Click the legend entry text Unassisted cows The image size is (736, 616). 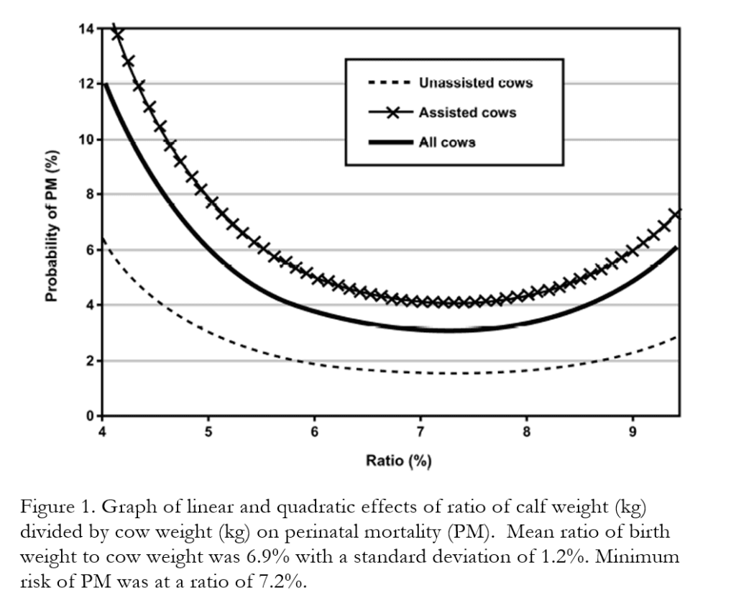tap(476, 83)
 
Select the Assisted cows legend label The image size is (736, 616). tap(467, 113)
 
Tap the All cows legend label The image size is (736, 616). tap(447, 142)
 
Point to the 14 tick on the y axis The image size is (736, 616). tap(87, 29)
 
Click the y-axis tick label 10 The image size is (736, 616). tap(87, 139)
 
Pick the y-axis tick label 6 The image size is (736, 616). tap(91, 250)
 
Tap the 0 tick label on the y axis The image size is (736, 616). tap(91, 415)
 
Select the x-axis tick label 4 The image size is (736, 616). tap(102, 431)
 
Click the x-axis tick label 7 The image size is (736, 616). tap(420, 431)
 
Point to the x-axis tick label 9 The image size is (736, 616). tap(632, 431)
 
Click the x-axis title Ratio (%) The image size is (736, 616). tap(398, 461)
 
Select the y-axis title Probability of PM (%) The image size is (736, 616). tap(52, 226)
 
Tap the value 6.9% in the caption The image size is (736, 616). tap(267, 557)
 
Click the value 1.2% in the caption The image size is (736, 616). tap(561, 557)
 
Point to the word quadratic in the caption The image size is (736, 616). tap(312, 507)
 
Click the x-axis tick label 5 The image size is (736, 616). tap(208, 431)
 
